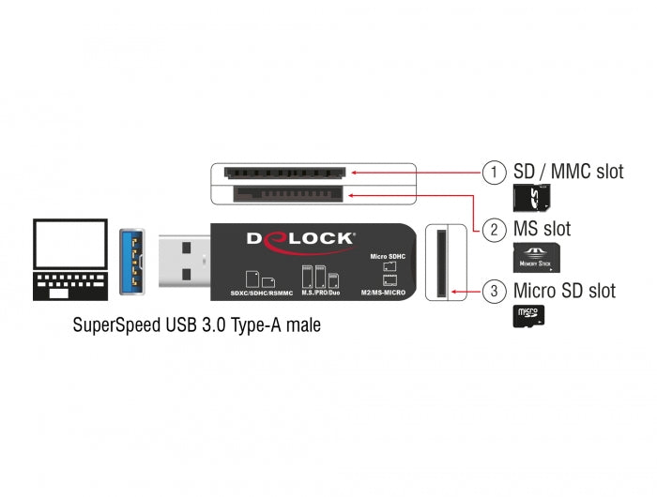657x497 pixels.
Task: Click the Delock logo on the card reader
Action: point(300,238)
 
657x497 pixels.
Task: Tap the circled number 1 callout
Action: point(494,173)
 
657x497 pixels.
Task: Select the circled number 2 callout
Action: point(494,230)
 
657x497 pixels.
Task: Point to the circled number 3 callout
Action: point(494,291)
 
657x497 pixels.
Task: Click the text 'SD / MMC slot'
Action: point(568,173)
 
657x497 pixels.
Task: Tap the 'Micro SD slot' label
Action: point(564,291)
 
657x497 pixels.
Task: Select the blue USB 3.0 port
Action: point(131,259)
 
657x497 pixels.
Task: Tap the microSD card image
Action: point(528,317)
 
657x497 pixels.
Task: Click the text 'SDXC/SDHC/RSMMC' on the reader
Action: point(262,294)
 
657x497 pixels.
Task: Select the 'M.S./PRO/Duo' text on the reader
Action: point(320,294)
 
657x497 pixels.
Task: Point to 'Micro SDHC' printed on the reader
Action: point(388,255)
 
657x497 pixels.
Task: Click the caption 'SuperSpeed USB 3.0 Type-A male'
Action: point(194,326)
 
